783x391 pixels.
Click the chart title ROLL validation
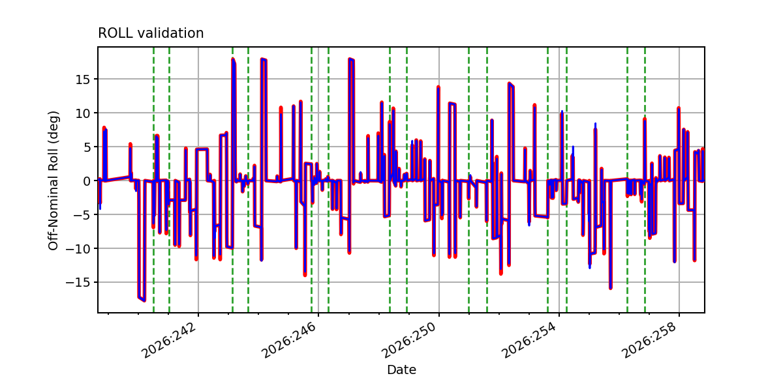[151, 33]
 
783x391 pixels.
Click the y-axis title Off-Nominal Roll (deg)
[53, 181]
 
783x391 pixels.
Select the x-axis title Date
[401, 369]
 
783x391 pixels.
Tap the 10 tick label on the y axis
[83, 113]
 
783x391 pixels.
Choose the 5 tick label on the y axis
[87, 147]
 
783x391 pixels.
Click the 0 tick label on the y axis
[87, 181]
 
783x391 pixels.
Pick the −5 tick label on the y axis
[82, 214]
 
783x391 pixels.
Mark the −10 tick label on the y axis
[78, 248]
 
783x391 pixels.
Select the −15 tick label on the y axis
[78, 282]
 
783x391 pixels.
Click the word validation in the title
[170, 33]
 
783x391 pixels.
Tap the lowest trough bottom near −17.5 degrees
[144, 300]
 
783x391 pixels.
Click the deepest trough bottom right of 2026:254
[610, 288]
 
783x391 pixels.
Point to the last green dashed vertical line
[645, 180]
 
